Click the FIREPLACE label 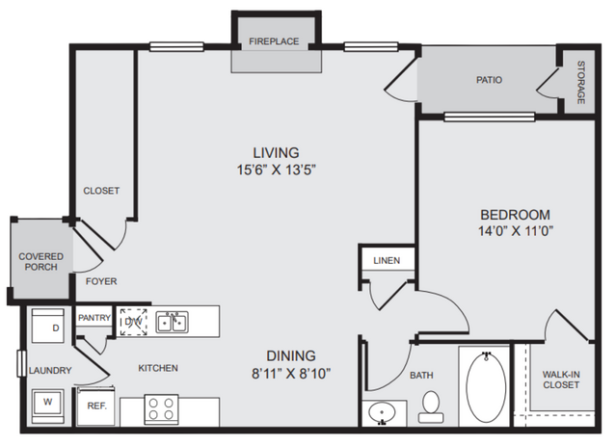274,41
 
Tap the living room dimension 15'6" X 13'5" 276,170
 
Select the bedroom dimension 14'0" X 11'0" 516,231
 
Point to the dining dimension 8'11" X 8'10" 291,373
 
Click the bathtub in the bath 486,387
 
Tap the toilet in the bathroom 431,406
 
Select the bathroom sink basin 382,413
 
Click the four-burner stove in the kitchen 161,409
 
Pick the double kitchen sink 172,322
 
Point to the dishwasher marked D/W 133,322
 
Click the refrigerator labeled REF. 95,406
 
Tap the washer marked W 47,403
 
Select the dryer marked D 48,326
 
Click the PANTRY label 94,318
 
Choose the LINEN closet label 387,261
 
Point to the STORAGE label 580,83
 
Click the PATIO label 489,80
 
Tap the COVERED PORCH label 40,262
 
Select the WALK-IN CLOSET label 561,380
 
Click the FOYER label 101,281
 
